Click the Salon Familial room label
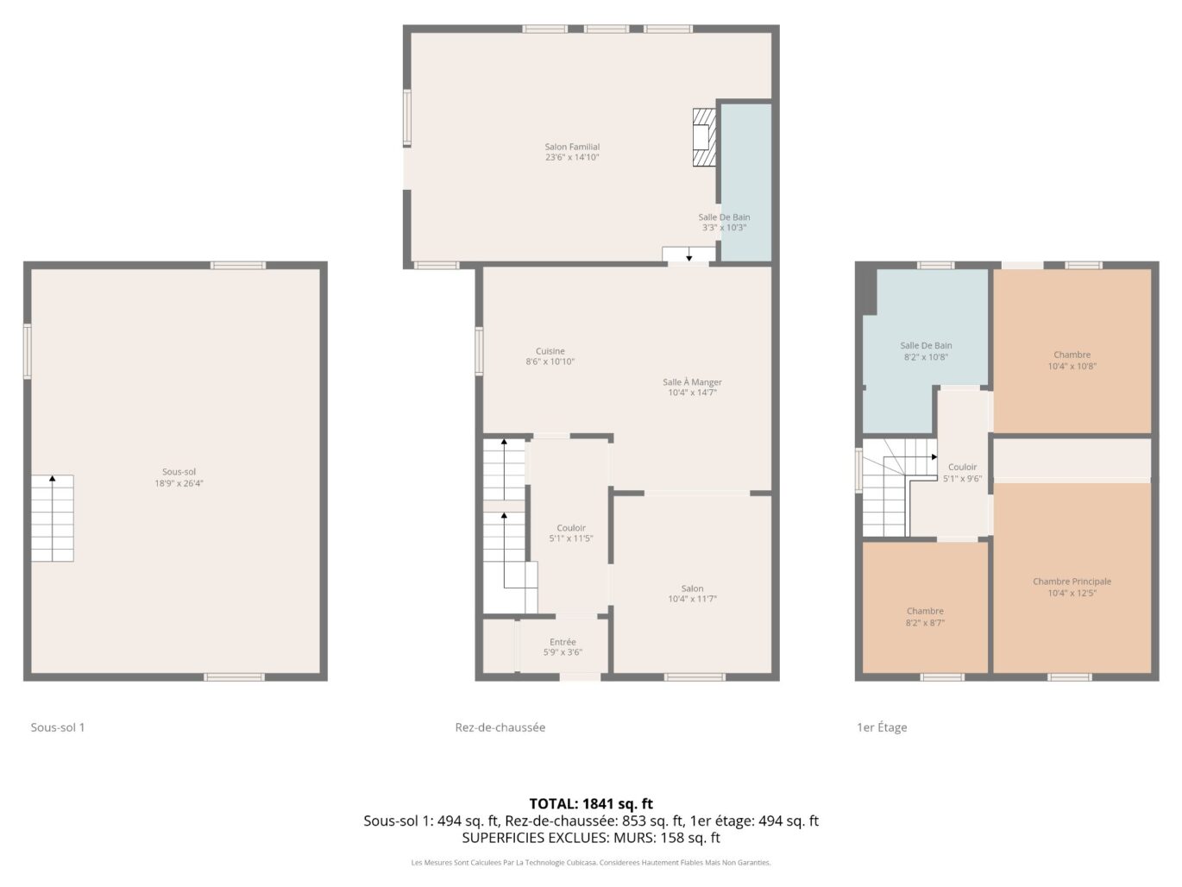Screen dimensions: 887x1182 tap(572, 148)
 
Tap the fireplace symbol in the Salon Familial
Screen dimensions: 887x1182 tap(704, 137)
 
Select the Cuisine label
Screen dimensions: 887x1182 tap(550, 351)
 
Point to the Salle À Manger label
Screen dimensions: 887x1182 tap(692, 382)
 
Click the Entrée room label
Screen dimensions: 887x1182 tap(563, 642)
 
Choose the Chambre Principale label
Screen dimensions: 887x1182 tap(1072, 582)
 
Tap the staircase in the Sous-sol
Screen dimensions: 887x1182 tap(53, 519)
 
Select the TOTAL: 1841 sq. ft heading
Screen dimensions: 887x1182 tap(591, 804)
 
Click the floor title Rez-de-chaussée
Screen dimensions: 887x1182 tap(500, 727)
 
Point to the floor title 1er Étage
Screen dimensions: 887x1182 tap(881, 727)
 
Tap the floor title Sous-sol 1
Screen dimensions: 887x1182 tap(58, 727)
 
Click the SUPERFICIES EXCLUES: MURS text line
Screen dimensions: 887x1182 tap(591, 838)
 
